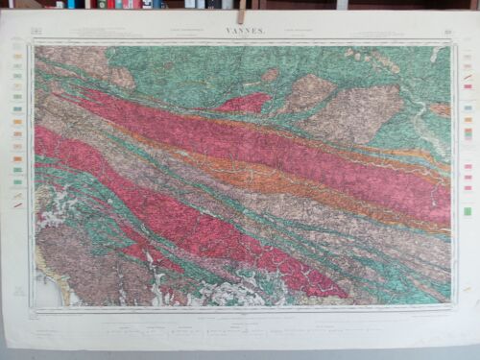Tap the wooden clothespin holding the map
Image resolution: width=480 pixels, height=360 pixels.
click(x=241, y=12)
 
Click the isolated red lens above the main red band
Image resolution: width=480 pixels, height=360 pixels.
click(x=245, y=102)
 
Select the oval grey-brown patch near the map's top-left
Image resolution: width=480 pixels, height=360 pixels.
click(x=122, y=77)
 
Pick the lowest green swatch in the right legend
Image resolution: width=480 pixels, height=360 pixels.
click(x=468, y=210)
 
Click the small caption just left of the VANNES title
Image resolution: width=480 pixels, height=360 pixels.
click(x=182, y=35)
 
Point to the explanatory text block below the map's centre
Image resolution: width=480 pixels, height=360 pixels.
click(x=240, y=331)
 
